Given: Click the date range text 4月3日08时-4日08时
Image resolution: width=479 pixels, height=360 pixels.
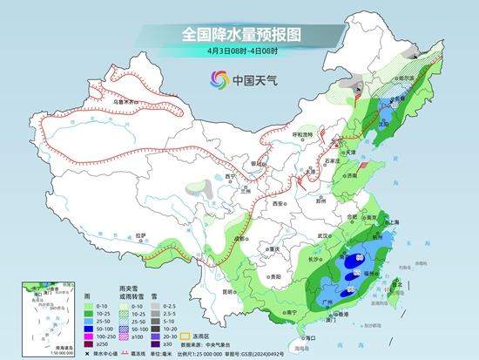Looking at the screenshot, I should (239, 51).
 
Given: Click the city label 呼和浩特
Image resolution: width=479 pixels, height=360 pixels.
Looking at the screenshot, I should (304, 134).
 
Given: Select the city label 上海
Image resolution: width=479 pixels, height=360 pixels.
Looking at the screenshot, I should (389, 222).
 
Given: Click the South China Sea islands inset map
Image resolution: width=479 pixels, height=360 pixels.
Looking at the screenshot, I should (44, 305).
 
